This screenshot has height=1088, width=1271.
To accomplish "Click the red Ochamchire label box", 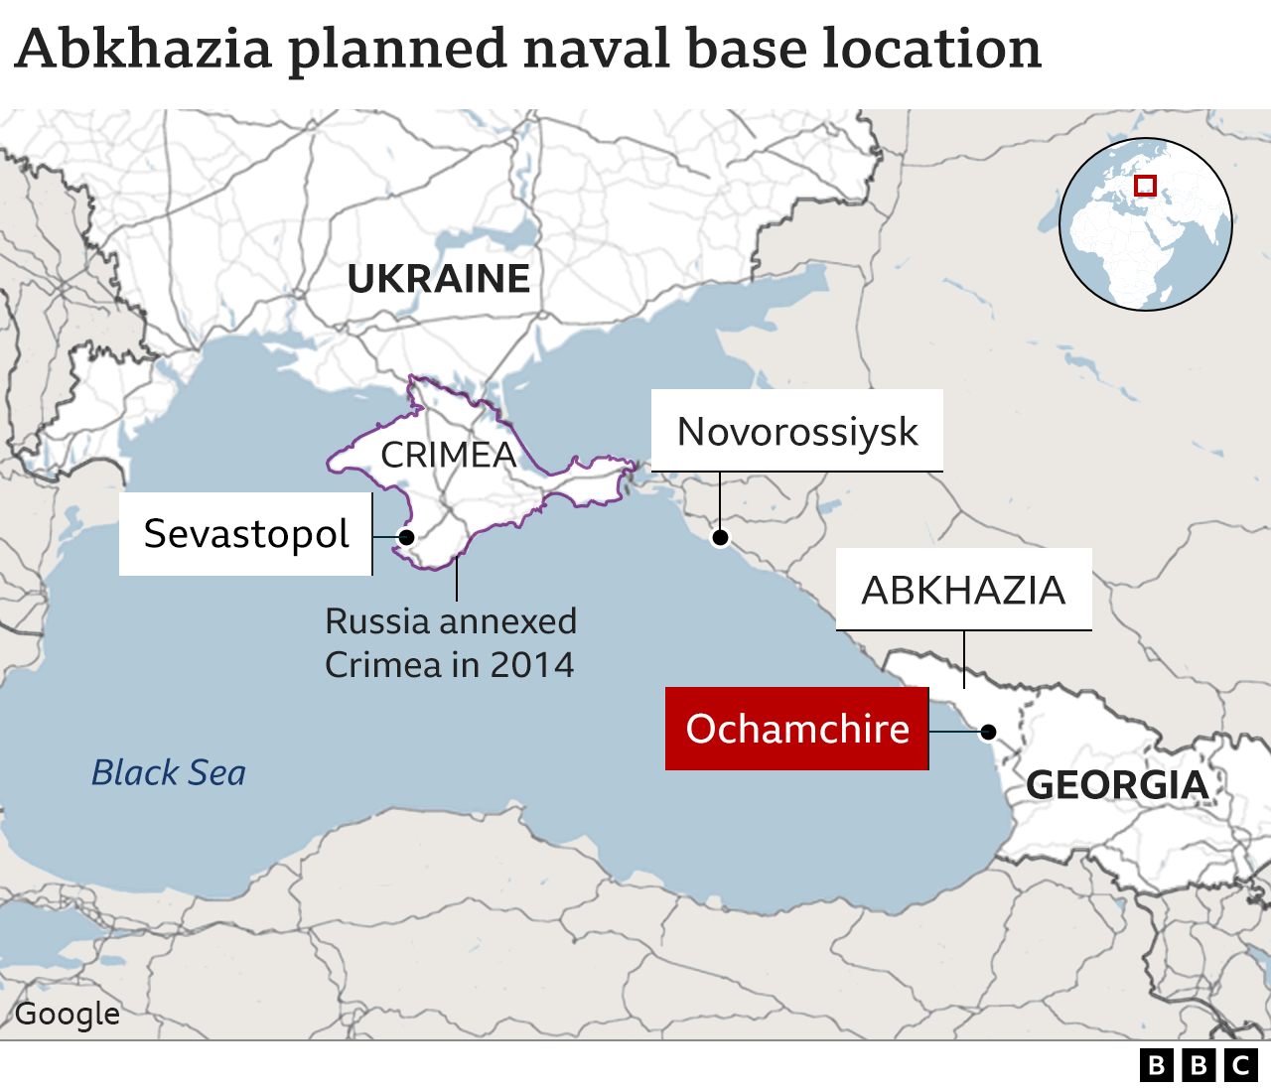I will click(x=796, y=729).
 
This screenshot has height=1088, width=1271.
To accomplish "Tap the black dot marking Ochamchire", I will click(x=988, y=733).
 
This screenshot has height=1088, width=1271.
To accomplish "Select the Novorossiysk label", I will click(x=796, y=432).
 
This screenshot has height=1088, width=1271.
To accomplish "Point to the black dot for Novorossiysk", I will click(x=720, y=538).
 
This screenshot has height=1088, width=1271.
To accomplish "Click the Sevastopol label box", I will click(x=245, y=534).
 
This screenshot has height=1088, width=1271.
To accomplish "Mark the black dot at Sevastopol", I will click(x=406, y=537).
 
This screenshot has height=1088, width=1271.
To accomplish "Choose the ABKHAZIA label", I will click(x=963, y=591).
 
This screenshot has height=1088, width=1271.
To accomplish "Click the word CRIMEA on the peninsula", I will click(x=448, y=455).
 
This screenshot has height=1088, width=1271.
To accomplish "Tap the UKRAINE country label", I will click(x=438, y=279).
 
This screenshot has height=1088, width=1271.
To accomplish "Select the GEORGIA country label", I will click(x=1116, y=785).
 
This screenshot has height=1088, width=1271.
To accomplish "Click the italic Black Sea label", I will click(x=168, y=772).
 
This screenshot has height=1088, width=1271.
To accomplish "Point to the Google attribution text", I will click(x=67, y=1014).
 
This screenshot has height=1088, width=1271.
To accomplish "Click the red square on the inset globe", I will click(x=1145, y=186).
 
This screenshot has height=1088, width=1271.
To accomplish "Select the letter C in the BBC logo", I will click(x=1240, y=1065).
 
